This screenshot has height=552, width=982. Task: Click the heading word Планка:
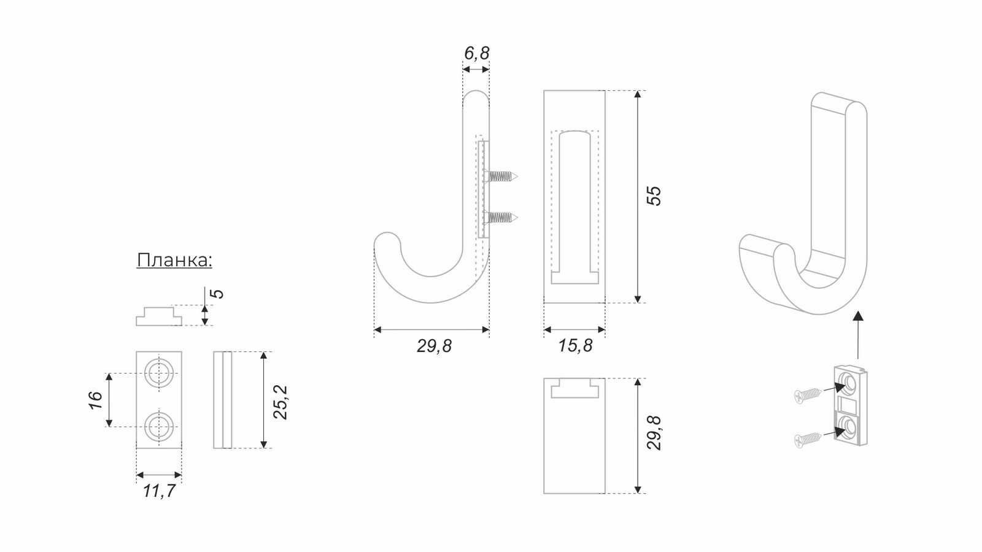click(174, 260)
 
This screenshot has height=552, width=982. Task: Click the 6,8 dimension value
click(476, 53)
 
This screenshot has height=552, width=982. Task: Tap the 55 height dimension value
click(654, 196)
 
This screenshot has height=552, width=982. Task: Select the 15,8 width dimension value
click(575, 346)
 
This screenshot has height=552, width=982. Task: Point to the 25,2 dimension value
click(280, 402)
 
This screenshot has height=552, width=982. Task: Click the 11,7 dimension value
click(159, 491)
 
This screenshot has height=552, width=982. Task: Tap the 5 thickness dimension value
click(217, 294)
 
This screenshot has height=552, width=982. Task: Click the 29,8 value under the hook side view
click(434, 346)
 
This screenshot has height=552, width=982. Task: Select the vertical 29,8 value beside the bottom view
click(654, 433)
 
